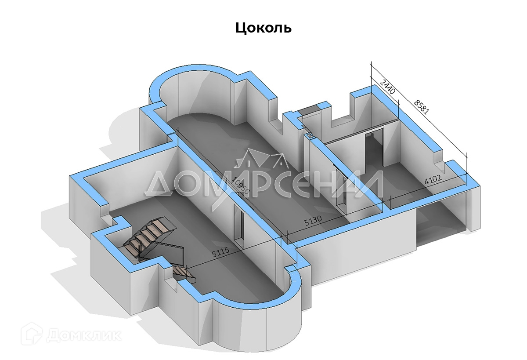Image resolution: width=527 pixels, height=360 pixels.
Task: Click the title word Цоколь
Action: tap(263, 28)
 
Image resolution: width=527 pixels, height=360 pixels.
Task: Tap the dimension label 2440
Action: tap(388, 87)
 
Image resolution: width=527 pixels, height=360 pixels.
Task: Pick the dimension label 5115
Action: tap(221, 254)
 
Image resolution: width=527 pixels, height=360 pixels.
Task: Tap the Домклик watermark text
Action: tap(83, 335)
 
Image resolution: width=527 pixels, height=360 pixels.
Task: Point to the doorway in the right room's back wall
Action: tap(375, 149)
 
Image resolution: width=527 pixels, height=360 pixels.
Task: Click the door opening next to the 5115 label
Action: tap(239, 224)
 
